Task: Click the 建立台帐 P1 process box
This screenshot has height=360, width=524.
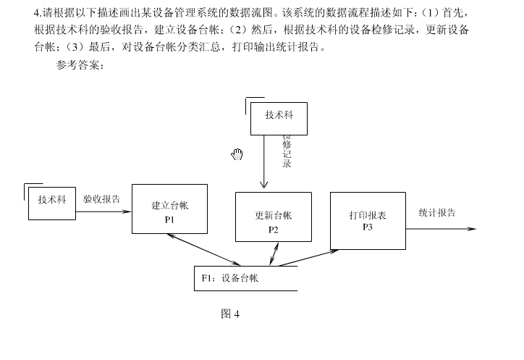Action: [169, 209]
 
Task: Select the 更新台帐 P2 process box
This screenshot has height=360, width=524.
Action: [274, 217]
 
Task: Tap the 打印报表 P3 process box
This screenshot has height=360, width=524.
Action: [368, 220]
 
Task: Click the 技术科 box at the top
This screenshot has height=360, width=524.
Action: [279, 119]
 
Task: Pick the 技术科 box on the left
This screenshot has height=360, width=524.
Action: [52, 203]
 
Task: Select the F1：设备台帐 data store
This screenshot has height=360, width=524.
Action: [245, 278]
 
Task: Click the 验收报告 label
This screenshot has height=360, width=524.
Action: [101, 198]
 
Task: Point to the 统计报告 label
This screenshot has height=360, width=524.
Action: [437, 213]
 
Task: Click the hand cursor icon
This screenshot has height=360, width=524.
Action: [237, 154]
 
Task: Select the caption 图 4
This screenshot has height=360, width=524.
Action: [229, 314]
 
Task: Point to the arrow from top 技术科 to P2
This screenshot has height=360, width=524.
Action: [264, 163]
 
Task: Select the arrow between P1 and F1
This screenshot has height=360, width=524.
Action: [204, 250]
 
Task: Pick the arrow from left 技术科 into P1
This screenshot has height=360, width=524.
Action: [103, 212]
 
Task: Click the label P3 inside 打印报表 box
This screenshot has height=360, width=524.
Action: [368, 227]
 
